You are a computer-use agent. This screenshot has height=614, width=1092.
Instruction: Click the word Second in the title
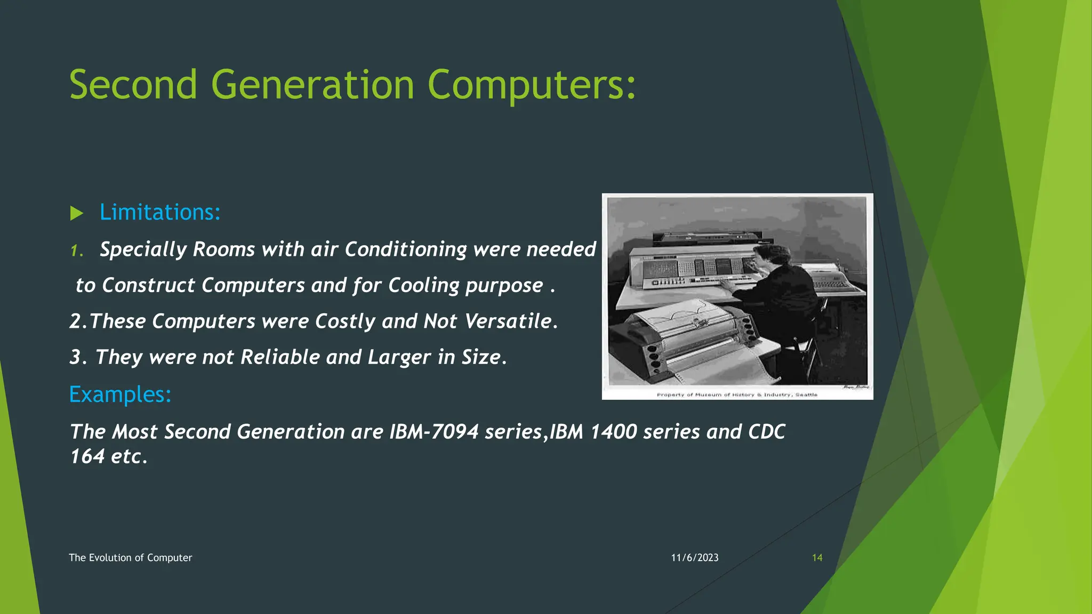(133, 85)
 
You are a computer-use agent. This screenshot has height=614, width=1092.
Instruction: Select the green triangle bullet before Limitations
(77, 214)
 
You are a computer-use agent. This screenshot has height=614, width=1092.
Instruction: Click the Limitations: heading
(160, 213)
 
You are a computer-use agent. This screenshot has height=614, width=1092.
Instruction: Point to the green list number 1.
(76, 251)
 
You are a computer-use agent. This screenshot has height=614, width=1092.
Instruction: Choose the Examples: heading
(120, 394)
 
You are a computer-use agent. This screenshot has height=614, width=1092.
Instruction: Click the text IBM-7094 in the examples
(434, 432)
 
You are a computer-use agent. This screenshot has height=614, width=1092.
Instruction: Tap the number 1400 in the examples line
(614, 432)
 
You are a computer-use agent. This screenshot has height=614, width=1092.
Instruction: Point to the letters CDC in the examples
(767, 432)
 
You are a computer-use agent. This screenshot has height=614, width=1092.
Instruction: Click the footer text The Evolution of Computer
(130, 558)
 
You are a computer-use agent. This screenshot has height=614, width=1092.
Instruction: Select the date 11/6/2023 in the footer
(695, 558)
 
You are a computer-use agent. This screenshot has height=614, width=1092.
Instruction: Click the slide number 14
(817, 558)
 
